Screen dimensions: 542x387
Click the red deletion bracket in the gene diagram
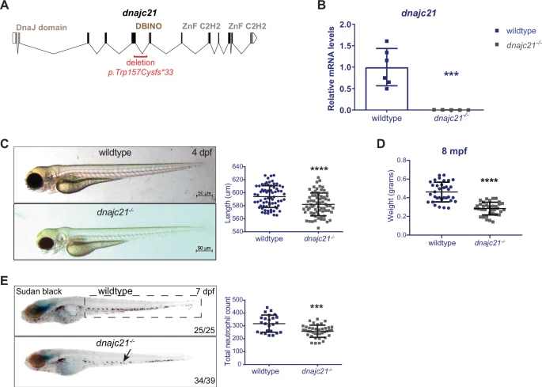click(x=141, y=55)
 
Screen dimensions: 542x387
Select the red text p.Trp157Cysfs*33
click(x=141, y=73)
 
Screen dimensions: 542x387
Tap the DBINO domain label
click(x=149, y=26)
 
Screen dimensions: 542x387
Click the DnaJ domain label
click(x=41, y=28)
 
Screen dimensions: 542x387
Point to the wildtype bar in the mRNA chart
click(x=387, y=89)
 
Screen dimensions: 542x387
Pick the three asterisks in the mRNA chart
click(x=451, y=74)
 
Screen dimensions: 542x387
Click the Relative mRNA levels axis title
click(x=332, y=69)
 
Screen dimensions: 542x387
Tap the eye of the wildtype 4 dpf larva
click(x=35, y=180)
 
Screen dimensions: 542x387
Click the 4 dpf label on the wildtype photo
click(x=202, y=153)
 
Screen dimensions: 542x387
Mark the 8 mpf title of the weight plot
click(x=454, y=151)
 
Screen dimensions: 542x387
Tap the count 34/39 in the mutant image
click(x=205, y=381)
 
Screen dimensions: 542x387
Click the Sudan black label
click(x=39, y=291)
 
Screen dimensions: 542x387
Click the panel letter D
click(x=381, y=144)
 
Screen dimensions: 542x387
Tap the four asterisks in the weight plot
click(x=489, y=181)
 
